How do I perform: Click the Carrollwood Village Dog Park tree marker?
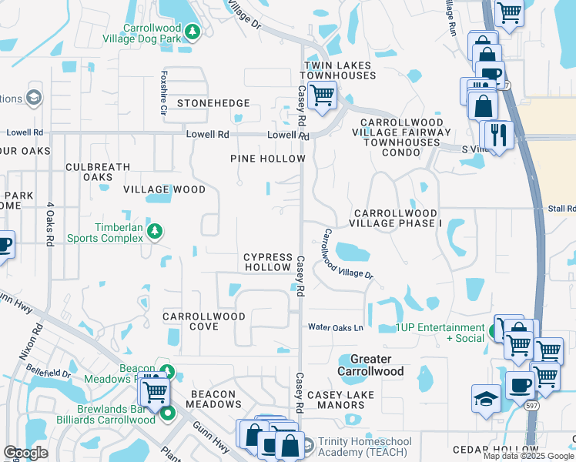(191, 32)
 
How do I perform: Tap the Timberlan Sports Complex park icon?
(155, 231)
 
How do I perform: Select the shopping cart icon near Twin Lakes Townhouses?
(321, 96)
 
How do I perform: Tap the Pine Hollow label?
(268, 159)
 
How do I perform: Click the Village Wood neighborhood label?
(164, 189)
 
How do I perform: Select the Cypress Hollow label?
(268, 262)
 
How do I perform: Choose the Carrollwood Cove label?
(204, 321)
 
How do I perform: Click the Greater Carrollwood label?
(371, 365)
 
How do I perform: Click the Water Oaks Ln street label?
(336, 327)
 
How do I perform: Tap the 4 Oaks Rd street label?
(49, 228)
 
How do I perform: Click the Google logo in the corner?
(26, 453)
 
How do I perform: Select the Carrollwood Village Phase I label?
(396, 218)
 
